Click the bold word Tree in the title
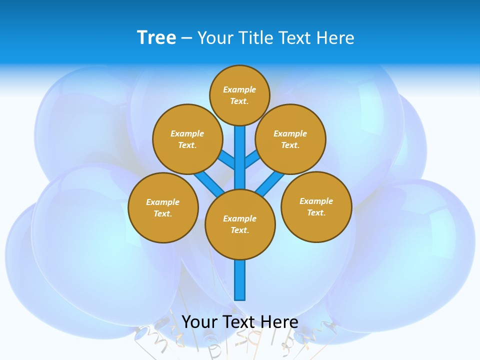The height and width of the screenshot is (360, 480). click(156, 37)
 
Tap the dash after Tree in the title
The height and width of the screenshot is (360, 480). click(186, 38)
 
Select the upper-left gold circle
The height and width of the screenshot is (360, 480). click(187, 139)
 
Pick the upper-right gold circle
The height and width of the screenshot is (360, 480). click(290, 139)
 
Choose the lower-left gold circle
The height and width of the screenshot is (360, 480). click(163, 207)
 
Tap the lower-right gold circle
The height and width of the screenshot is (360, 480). click(316, 206)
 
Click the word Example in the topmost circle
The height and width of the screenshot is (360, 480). click(239, 89)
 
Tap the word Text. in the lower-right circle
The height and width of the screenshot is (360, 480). click(316, 212)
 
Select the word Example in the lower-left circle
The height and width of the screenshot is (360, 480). click(162, 202)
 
